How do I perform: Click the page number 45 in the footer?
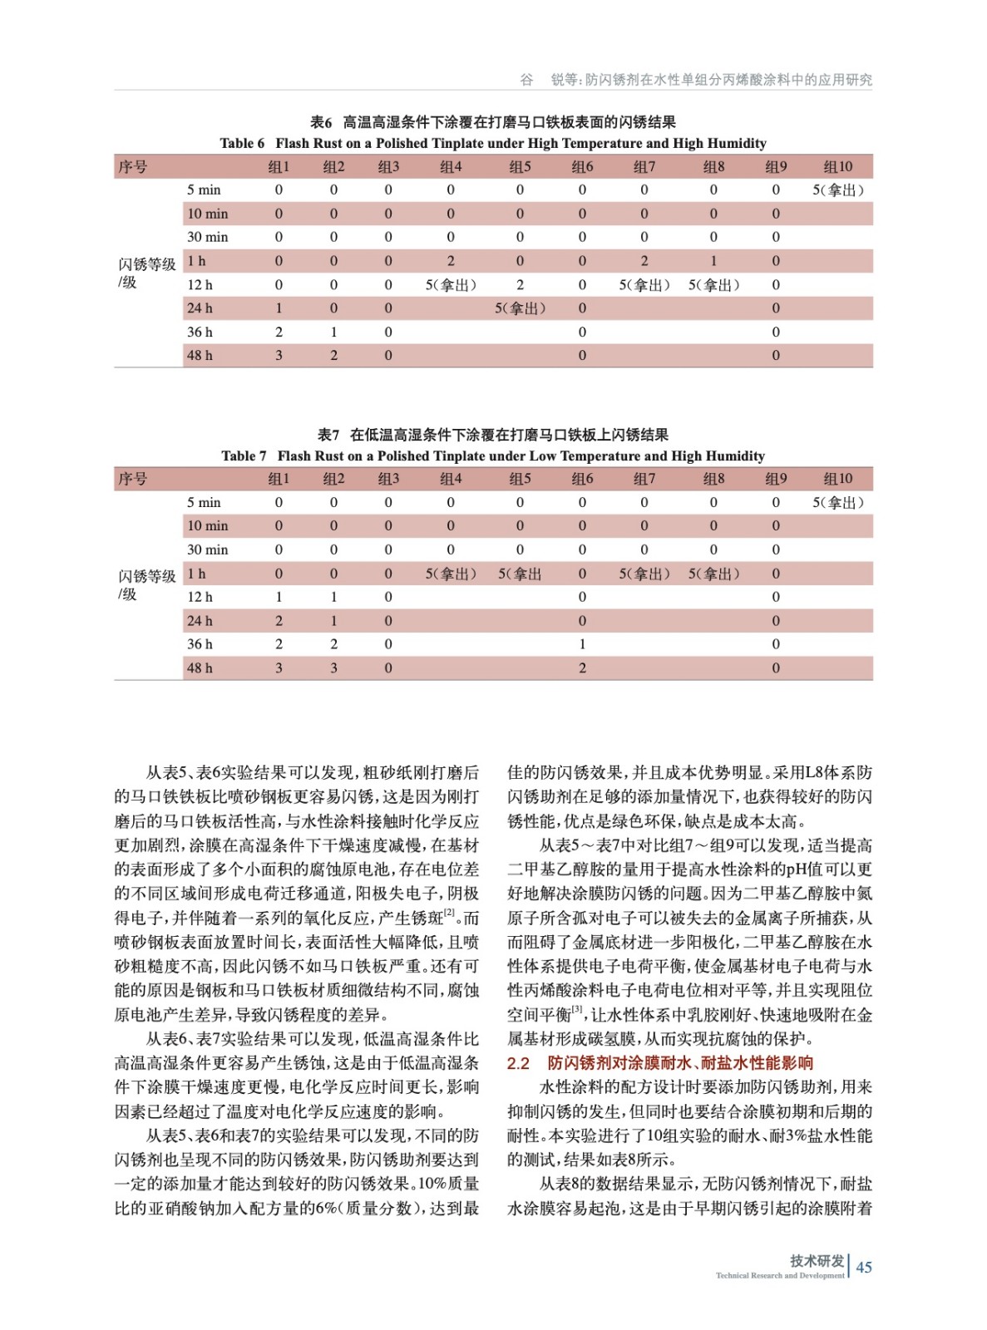[864, 1267]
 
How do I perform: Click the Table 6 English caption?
[492, 143]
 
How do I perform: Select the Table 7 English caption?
[492, 456]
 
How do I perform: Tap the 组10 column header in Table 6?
[837, 166]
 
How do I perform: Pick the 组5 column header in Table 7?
[520, 479]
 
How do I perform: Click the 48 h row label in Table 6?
[200, 355]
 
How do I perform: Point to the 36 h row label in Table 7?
[200, 644]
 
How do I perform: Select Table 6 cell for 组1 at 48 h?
[279, 355]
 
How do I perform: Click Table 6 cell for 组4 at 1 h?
[451, 261]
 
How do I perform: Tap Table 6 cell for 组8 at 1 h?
[713, 261]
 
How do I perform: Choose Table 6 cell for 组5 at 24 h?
[520, 308]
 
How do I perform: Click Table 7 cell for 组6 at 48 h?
[582, 667]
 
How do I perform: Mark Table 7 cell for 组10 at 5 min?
[837, 502]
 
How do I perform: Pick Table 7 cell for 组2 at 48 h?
[333, 667]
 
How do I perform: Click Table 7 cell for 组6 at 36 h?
[582, 644]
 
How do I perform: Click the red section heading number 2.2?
[518, 1063]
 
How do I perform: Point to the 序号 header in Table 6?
[133, 166]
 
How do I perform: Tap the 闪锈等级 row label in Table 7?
[146, 576]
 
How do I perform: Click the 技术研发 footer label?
[817, 1260]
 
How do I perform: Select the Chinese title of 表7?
[492, 435]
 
